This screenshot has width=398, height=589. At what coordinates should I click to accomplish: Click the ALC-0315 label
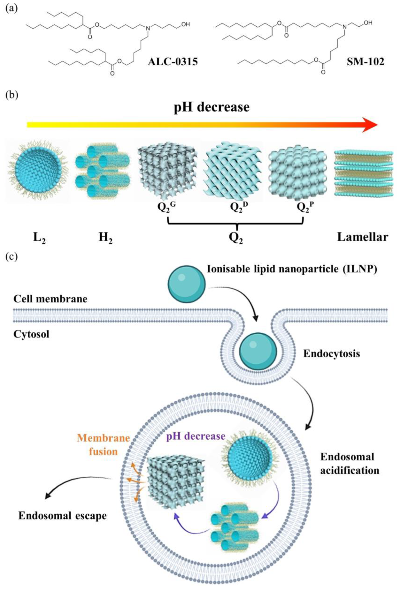coord(173,62)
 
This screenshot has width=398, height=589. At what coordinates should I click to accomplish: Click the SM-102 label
coord(365,62)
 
